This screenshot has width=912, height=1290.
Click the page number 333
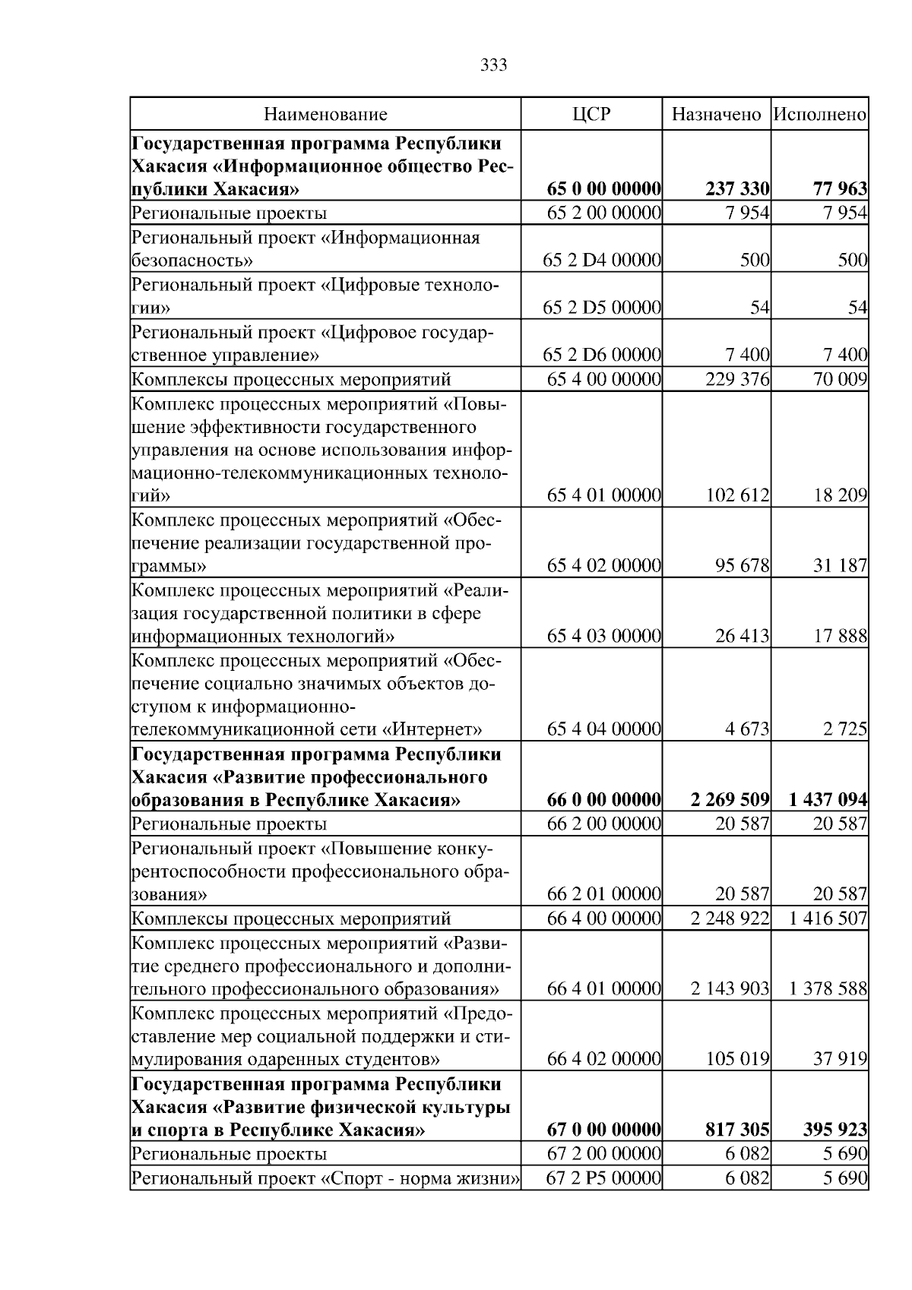click(x=494, y=65)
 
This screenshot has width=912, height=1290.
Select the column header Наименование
click(x=325, y=115)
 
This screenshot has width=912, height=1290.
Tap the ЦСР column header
click(x=591, y=115)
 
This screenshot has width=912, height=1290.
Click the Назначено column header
click(x=716, y=115)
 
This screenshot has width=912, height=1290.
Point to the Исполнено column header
click(x=820, y=115)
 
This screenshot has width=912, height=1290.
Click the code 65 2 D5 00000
click(x=602, y=308)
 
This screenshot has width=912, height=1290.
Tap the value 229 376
click(x=737, y=379)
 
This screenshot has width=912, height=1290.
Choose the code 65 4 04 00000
click(x=604, y=730)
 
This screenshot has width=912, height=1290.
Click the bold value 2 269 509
click(x=730, y=800)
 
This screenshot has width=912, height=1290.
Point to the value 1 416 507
click(x=828, y=918)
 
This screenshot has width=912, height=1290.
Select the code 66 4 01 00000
click(x=604, y=989)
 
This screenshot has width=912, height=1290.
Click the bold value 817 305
click(x=737, y=1130)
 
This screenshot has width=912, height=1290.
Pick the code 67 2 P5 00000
click(x=604, y=1179)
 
